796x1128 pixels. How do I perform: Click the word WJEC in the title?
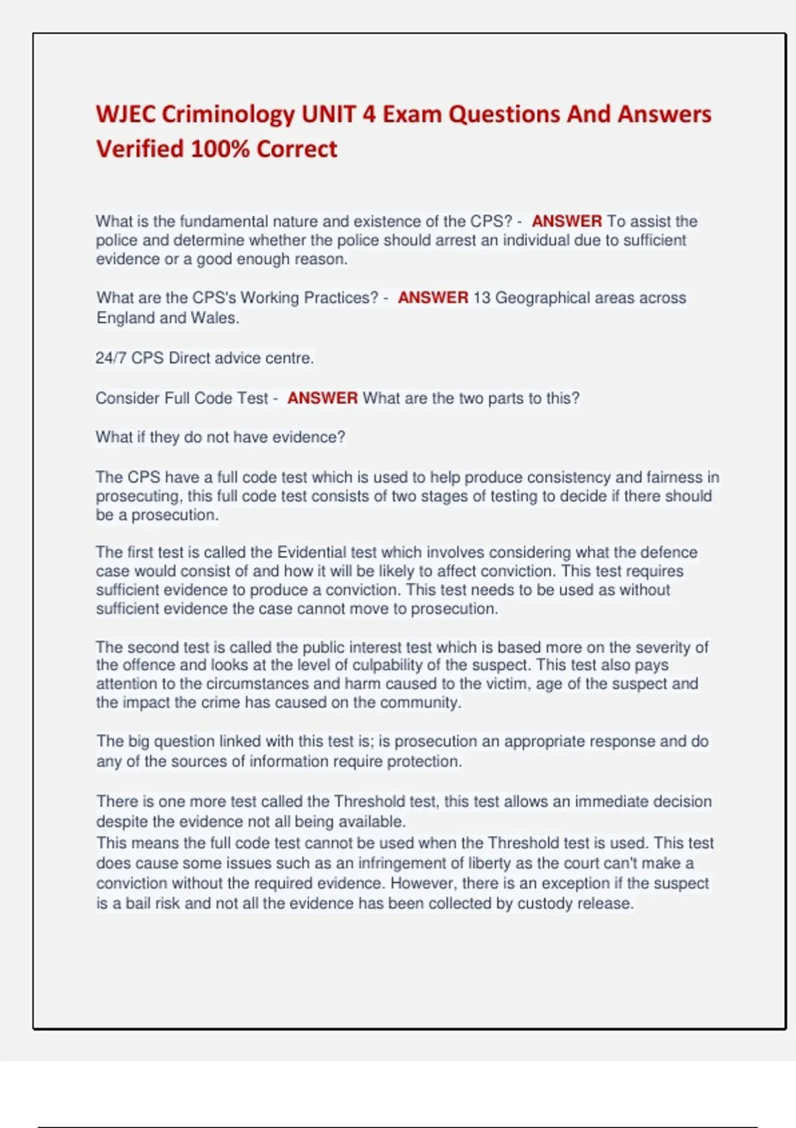125,114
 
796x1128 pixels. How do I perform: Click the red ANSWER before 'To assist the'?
566,221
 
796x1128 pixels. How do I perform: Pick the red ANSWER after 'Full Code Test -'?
322,398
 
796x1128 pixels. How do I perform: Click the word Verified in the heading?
139,149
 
